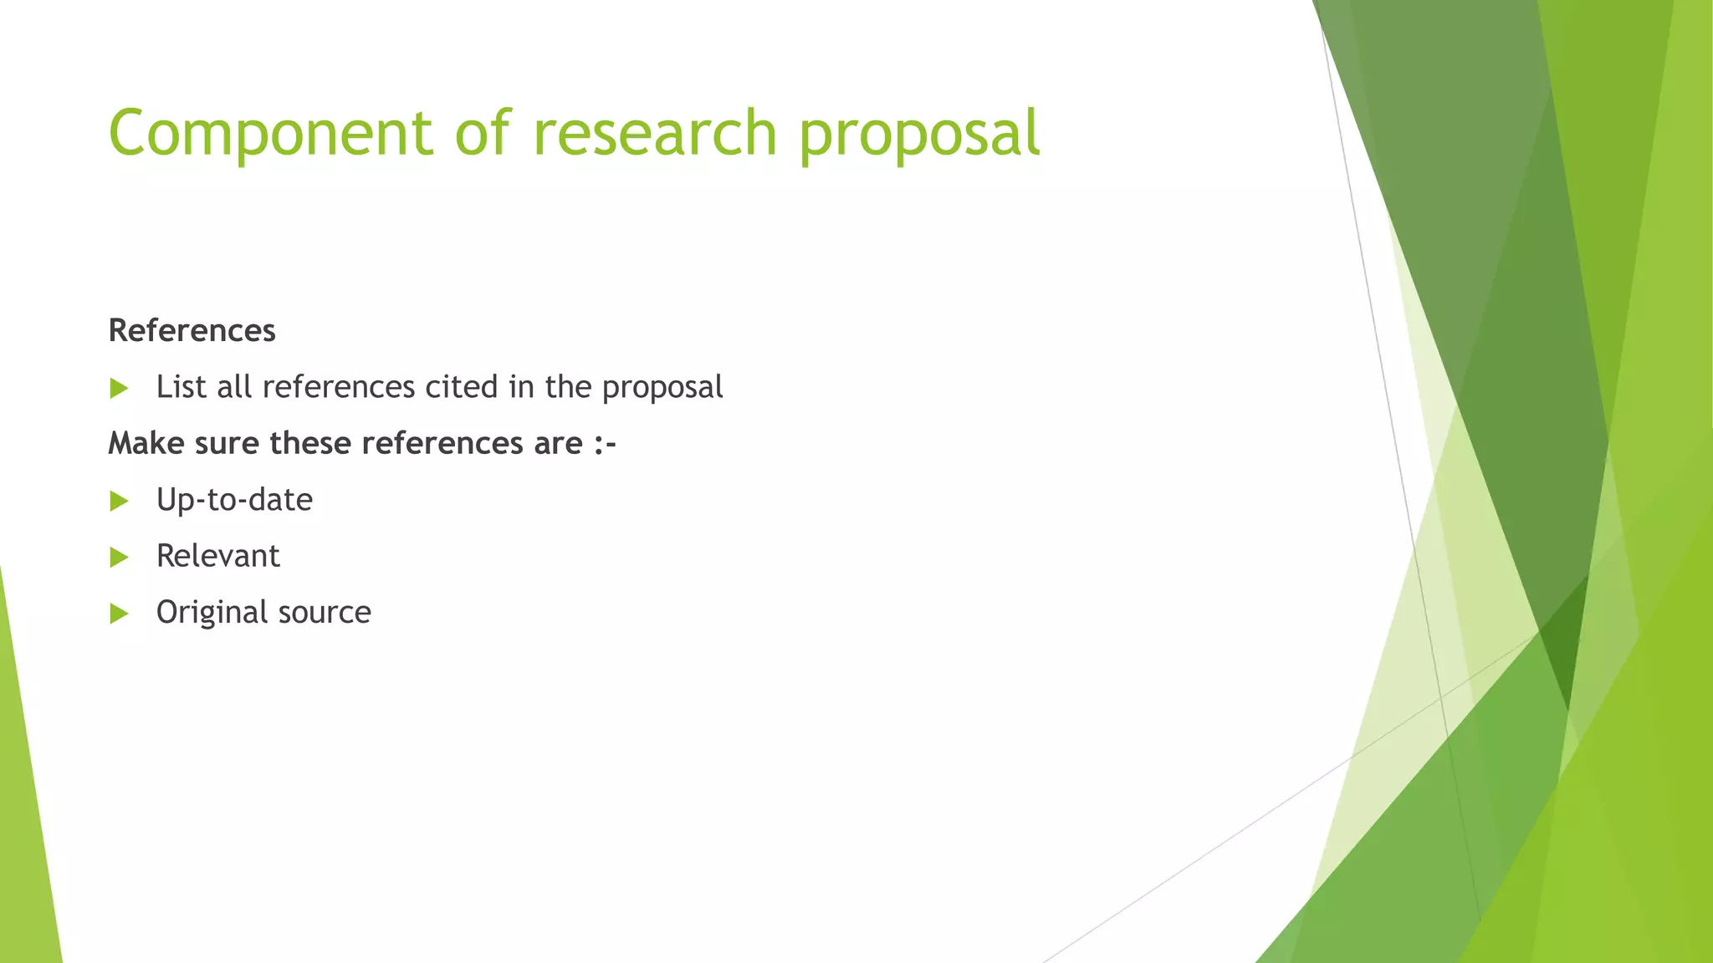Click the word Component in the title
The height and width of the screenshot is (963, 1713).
pos(269,134)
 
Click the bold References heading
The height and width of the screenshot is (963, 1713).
pos(192,331)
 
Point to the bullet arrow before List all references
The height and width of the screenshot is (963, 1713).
pos(119,388)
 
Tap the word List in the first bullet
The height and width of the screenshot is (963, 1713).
pos(181,387)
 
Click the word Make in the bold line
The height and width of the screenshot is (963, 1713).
pos(146,443)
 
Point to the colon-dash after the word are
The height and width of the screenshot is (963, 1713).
pos(605,444)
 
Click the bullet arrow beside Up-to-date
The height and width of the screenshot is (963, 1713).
pos(119,501)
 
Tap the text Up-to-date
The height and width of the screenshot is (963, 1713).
pos(234,500)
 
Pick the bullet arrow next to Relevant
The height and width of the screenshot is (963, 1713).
pos(119,557)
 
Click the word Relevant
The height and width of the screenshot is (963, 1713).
pos(217,556)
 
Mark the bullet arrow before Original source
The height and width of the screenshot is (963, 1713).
pos(119,614)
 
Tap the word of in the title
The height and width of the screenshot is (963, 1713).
pos(482,134)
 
